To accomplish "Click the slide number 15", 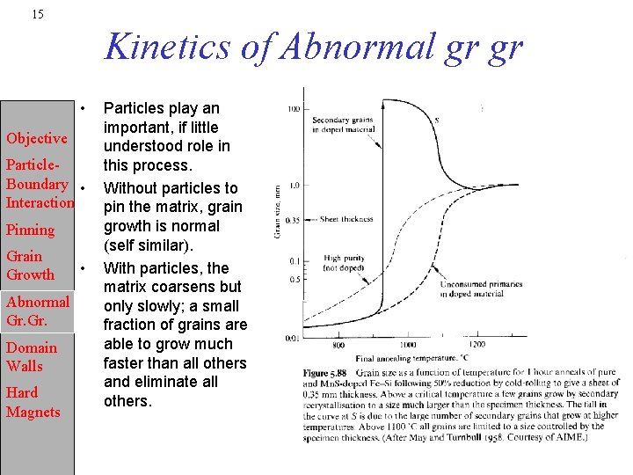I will tap(37, 14).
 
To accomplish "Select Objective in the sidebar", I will tap(36, 138).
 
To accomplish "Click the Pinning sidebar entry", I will tap(30, 230).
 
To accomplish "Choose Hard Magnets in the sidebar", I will tap(33, 402).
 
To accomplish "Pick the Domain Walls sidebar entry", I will tap(31, 356).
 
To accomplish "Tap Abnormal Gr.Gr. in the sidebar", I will tap(37, 311).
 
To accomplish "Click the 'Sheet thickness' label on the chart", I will tap(346, 219).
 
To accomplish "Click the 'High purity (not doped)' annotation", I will tap(344, 263).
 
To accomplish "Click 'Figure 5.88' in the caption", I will tap(324, 373).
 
